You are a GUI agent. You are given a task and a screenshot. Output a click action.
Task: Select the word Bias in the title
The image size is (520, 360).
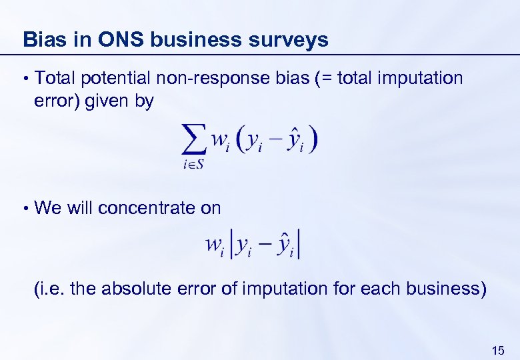pyautogui.click(x=43, y=40)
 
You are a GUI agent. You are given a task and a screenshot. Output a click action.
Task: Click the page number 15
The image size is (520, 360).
pyautogui.click(x=497, y=350)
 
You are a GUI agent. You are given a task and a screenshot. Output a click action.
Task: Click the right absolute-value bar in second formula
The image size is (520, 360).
pyautogui.click(x=301, y=245)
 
